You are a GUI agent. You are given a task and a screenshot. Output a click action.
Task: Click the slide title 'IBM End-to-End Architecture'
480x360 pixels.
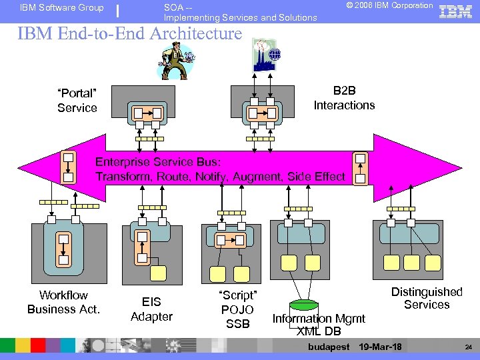129,33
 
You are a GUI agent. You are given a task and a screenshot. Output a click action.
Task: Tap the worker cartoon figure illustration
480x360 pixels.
177,59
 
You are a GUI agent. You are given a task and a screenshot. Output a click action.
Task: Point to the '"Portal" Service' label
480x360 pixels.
77,101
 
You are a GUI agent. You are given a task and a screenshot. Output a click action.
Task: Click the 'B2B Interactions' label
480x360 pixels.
344,98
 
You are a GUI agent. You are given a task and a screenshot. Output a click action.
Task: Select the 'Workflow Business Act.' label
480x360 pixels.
63,302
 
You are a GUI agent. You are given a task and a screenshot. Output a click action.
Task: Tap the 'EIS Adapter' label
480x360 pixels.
151,309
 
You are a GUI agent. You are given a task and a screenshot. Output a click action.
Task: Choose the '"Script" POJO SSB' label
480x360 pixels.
237,309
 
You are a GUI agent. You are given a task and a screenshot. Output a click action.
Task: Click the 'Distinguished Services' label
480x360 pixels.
426,298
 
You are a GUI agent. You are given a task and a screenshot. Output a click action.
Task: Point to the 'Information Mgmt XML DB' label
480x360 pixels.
319,325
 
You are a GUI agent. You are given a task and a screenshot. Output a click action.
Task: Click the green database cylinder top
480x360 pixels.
304,305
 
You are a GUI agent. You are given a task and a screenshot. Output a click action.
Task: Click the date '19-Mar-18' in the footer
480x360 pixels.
380,347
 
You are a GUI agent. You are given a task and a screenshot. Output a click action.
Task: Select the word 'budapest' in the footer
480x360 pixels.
329,347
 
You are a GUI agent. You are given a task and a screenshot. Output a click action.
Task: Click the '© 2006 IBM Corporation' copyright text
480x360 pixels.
389,6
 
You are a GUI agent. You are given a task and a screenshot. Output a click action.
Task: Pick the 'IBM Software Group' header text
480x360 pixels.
62,8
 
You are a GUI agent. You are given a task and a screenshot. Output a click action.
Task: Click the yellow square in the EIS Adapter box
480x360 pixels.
158,272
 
